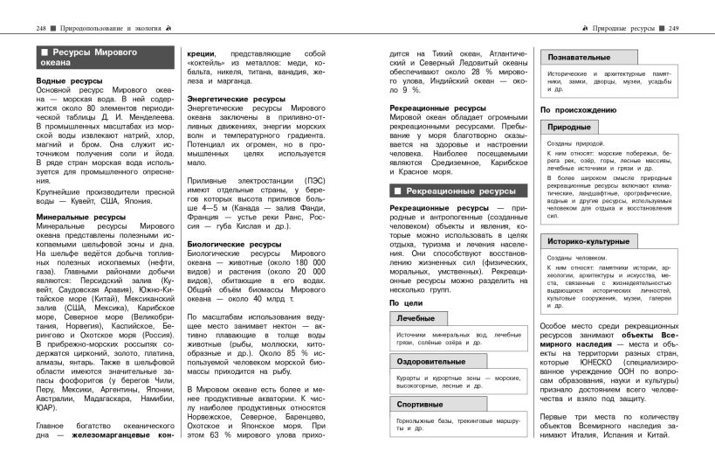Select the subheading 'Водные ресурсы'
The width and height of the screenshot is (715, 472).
coord(69,81)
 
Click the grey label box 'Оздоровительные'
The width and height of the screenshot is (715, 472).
coord(430,360)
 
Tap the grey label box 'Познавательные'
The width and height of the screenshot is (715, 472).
coord(580,57)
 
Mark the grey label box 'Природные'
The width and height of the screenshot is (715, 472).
coord(568,127)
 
